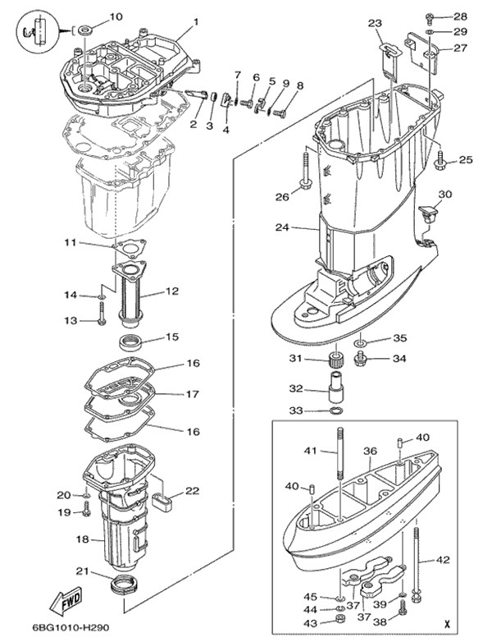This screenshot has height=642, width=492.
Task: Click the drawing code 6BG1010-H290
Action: point(51,630)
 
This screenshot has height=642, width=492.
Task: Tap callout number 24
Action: point(282,227)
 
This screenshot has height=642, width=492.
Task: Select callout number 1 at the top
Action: point(196,21)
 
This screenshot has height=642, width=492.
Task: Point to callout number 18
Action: point(82,539)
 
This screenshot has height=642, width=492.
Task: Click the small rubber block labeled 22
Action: point(165,498)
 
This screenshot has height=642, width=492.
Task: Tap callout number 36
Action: point(370,451)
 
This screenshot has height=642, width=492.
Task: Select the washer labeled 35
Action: point(361,340)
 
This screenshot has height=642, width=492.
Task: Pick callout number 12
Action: point(171,291)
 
